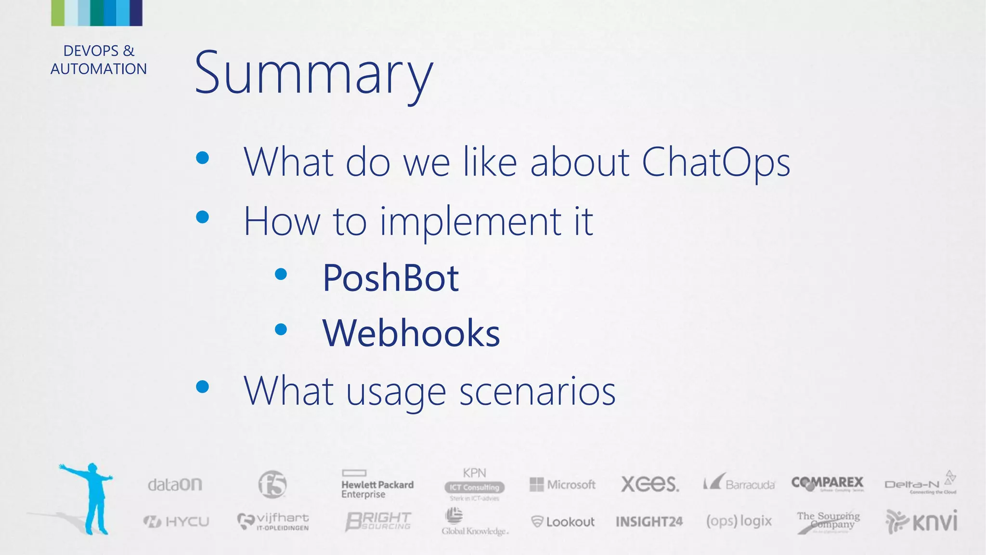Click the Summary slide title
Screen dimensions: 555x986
[313, 73]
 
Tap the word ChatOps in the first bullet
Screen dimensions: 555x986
[715, 162]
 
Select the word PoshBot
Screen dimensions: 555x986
[390, 278]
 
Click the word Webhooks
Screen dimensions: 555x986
[411, 333]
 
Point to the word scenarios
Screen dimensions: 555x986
[537, 391]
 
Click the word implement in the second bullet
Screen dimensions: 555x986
[470, 221]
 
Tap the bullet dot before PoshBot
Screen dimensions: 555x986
[281, 275]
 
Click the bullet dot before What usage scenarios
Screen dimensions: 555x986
[203, 386]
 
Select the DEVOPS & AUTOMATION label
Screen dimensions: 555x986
[99, 60]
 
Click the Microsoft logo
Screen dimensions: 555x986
[562, 484]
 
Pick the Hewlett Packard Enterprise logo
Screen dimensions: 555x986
[377, 485]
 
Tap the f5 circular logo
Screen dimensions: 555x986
[272, 484]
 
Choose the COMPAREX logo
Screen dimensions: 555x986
[827, 483]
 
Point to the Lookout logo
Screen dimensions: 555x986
[562, 522]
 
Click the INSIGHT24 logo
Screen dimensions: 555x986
[649, 522]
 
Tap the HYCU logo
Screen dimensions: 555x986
[176, 521]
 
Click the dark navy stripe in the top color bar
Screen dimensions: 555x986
[136, 13]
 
